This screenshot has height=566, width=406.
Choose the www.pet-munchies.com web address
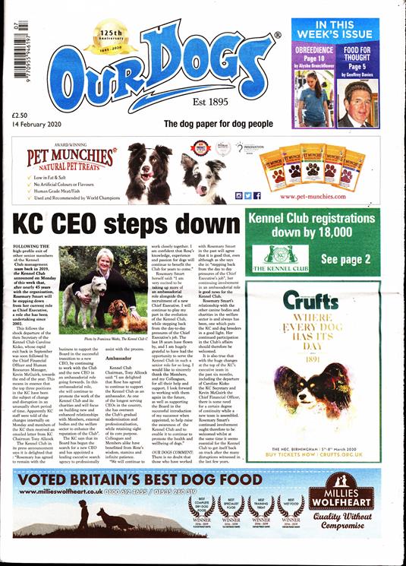pos(322,197)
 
